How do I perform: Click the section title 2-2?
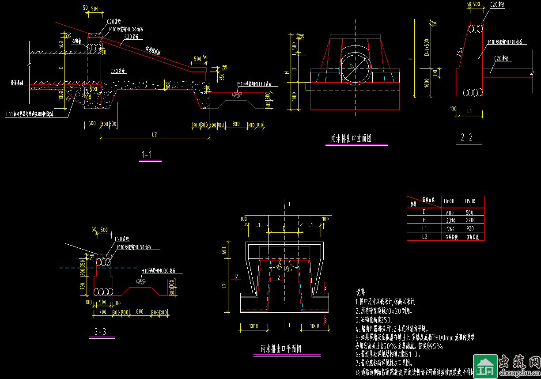(467, 138)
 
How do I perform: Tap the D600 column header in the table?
(449, 202)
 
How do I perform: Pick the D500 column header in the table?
(471, 202)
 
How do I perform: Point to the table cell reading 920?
(469, 228)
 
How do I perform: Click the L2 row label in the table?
(424, 236)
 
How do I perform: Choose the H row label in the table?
(424, 220)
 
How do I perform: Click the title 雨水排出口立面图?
(351, 138)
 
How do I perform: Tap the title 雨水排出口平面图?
(281, 349)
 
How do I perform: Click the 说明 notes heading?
(360, 292)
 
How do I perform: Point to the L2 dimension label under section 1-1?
(154, 134)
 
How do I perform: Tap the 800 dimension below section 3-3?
(140, 311)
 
